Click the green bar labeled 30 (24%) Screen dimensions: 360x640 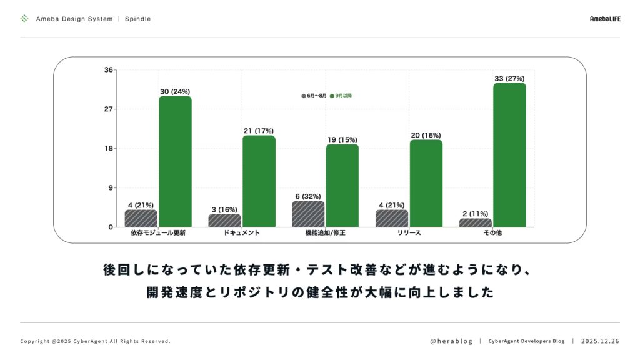[175, 161]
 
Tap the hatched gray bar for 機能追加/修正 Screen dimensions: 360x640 [308, 214]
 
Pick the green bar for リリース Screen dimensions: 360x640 [426, 183]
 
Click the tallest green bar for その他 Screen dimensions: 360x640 [509, 155]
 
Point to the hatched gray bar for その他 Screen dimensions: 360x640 [476, 222]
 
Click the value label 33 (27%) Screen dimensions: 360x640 [509, 78]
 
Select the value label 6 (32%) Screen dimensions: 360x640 [308, 196]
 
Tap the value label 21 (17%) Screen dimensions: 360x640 [259, 131]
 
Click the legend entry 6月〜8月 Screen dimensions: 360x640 [314, 96]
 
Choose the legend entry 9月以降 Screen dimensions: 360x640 [341, 96]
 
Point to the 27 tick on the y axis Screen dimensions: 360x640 [109, 109]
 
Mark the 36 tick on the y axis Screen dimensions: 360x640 [109, 70]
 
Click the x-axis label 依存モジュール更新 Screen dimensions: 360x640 [158, 233]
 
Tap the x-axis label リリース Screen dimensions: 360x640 [409, 233]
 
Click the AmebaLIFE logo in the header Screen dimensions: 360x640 [604, 19]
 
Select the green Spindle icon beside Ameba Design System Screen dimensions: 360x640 [24, 19]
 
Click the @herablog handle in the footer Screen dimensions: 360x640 [451, 341]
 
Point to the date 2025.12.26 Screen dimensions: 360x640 [600, 341]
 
